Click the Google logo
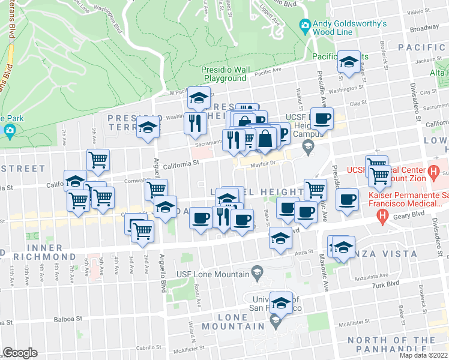point(20,353)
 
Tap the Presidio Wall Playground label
point(225,74)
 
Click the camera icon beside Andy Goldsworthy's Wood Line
point(305,25)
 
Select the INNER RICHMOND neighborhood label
point(36,254)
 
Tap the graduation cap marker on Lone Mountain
point(280,302)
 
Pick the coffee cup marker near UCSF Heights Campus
point(322,118)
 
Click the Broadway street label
point(424,28)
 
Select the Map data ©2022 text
point(423,355)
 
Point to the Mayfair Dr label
point(262,162)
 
